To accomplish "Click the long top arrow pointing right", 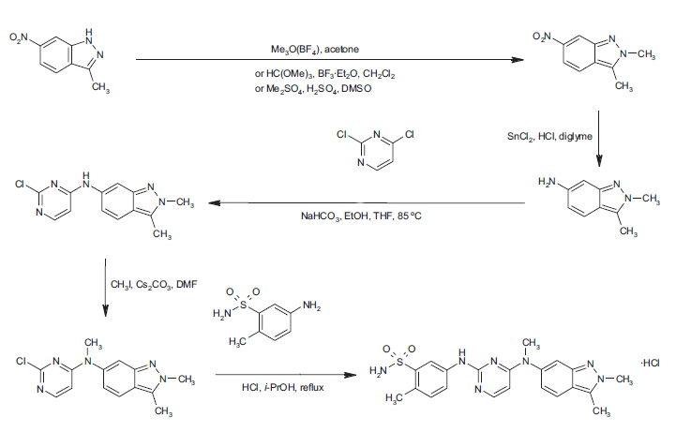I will point(328,61).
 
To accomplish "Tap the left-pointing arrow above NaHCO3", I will point(366,203).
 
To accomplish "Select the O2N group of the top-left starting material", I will point(20,37).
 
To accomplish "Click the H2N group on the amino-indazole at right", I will point(548,179).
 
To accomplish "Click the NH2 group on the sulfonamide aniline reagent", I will point(312,306).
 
